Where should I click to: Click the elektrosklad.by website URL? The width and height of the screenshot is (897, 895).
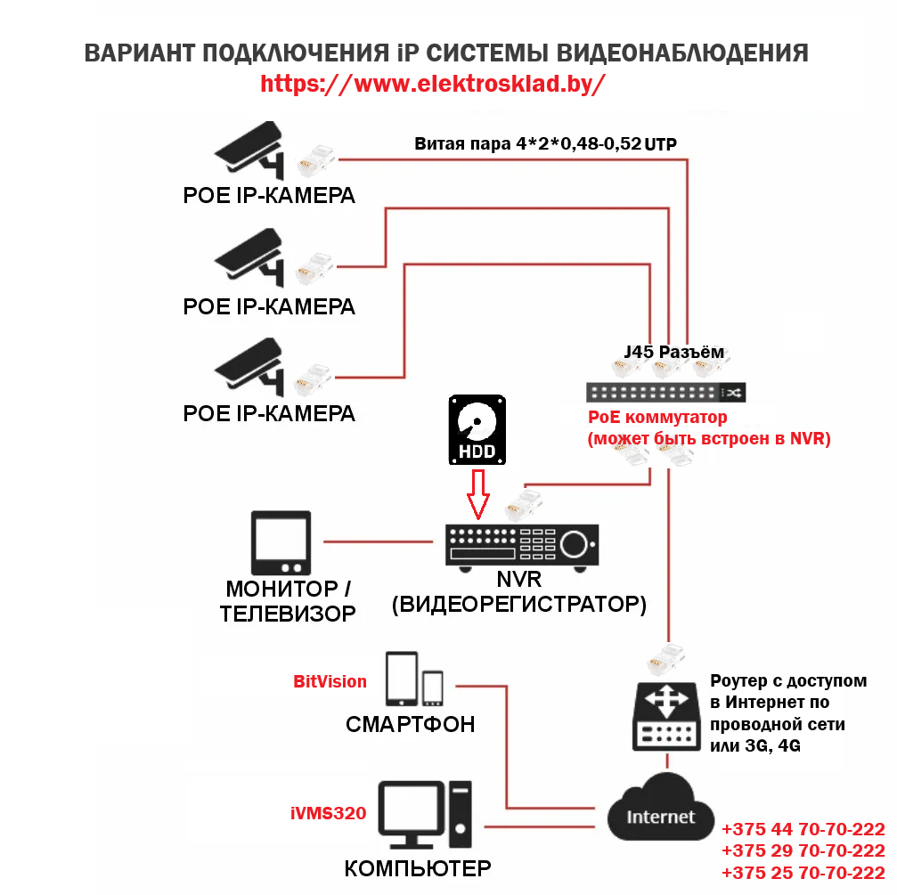pos(433,84)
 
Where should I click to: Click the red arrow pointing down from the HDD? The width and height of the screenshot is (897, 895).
pos(479,495)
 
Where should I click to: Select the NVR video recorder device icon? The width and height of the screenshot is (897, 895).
pos(521,544)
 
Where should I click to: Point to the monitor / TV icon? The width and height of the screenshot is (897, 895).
pos(281,542)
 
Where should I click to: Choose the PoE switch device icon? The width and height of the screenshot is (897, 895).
pos(666,392)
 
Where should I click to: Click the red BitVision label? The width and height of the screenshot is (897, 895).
pos(330,682)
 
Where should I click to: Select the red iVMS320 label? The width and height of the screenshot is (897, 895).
pos(328,812)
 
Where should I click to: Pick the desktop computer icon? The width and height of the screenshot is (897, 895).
pos(424,815)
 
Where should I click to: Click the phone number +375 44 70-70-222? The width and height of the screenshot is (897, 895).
pos(803,828)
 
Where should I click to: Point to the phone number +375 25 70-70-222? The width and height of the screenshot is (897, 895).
pos(803,873)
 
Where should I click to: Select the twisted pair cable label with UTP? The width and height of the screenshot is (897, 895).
pos(551,143)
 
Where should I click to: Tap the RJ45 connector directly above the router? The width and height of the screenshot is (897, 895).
pos(666,656)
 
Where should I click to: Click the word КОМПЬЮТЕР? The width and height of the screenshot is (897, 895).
pos(418,868)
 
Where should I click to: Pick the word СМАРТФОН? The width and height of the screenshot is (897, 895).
pos(410,724)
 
